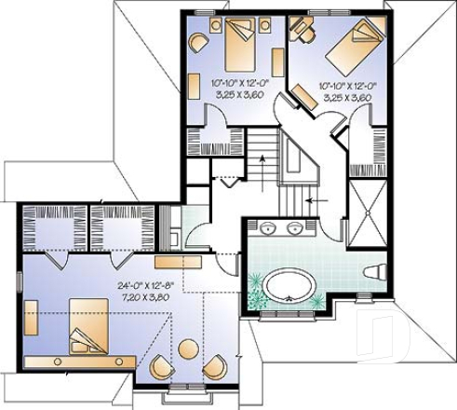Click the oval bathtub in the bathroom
click(x=289, y=284)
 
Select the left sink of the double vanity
click(x=268, y=227)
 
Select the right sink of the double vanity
click(x=296, y=227)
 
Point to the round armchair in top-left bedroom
click(x=198, y=42)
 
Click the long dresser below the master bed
click(x=67, y=360)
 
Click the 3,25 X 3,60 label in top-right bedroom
click(x=345, y=97)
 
